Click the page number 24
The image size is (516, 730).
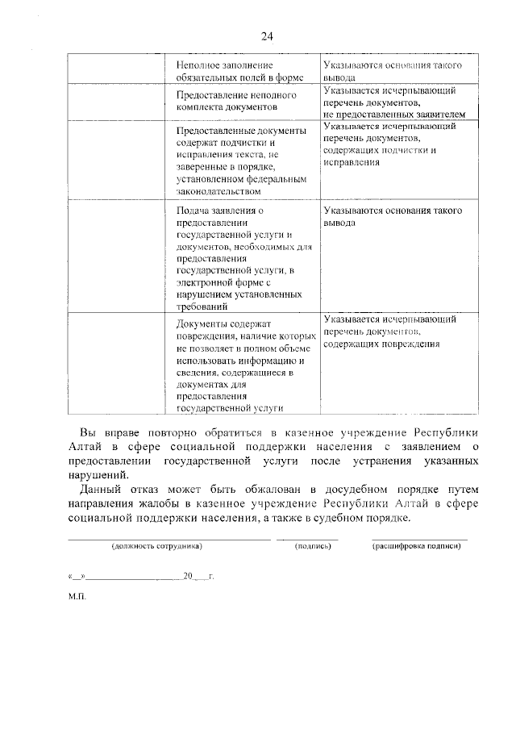(x=267, y=36)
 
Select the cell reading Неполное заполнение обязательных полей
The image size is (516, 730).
(x=231, y=71)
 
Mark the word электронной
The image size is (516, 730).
(x=202, y=284)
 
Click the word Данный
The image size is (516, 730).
(x=101, y=490)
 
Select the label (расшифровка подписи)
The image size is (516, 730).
(x=416, y=546)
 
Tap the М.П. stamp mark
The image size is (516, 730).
(x=77, y=599)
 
